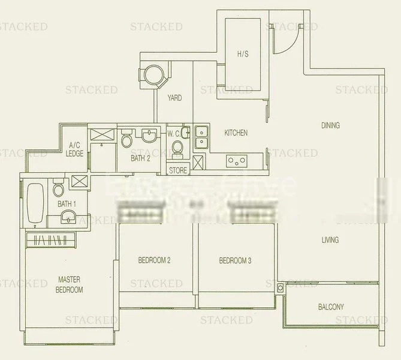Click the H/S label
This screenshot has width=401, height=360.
pyautogui.click(x=243, y=54)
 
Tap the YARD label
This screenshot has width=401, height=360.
pyautogui.click(x=174, y=98)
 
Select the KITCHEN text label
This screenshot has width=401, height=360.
pyautogui.click(x=236, y=133)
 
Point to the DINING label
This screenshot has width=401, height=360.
pyautogui.click(x=330, y=125)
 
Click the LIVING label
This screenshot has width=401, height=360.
pyautogui.click(x=330, y=240)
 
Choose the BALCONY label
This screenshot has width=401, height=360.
pyautogui.click(x=331, y=307)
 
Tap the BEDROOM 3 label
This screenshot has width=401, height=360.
pyautogui.click(x=236, y=260)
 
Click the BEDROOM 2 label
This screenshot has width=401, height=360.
pyautogui.click(x=155, y=260)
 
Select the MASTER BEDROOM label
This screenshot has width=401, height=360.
pyautogui.click(x=70, y=284)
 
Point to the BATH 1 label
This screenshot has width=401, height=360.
pyautogui.click(x=66, y=205)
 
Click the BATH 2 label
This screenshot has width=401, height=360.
pyautogui.click(x=141, y=158)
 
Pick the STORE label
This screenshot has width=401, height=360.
pyautogui.click(x=178, y=170)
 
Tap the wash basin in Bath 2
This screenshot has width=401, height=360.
pyautogui.click(x=150, y=134)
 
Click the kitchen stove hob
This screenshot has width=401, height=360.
pyautogui.click(x=236, y=161)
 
